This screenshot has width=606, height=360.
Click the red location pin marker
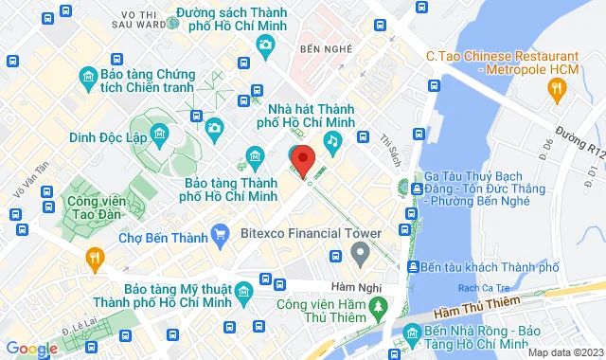(x=302, y=161)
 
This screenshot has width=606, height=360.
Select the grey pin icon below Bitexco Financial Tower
(x=359, y=253)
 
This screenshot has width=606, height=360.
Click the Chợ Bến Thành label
(x=162, y=237)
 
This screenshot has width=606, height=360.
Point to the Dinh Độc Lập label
(x=108, y=136)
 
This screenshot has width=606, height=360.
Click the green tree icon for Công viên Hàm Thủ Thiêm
(x=378, y=307)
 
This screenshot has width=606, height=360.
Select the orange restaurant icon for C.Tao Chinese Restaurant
(x=558, y=88)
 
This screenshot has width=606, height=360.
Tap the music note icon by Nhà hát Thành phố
(x=332, y=140)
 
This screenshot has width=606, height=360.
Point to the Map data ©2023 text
(x=564, y=352)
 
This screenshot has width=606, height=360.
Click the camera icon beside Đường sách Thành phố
(x=266, y=45)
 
